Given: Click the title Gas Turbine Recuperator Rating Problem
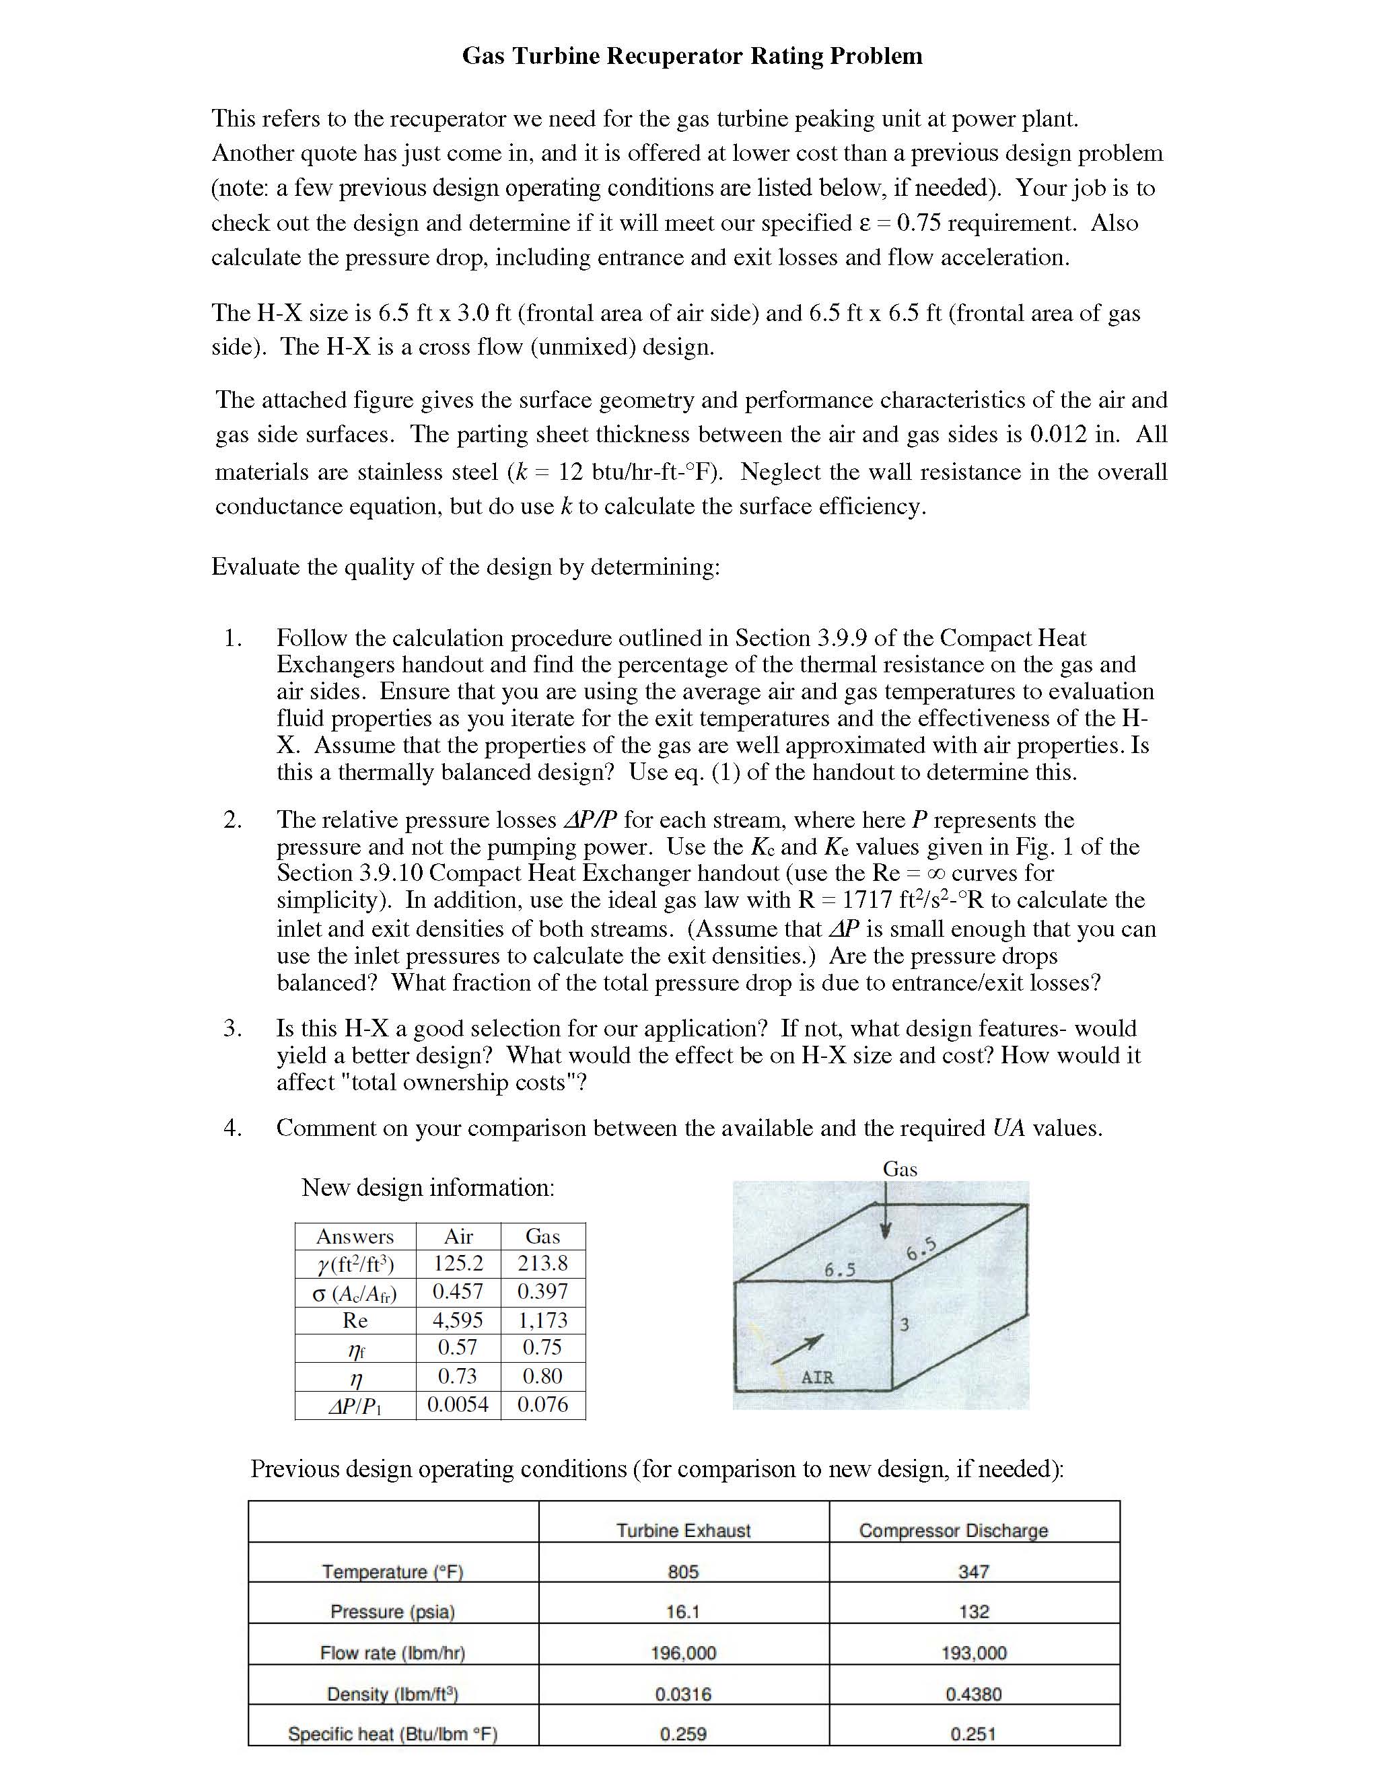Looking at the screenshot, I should click(x=692, y=56).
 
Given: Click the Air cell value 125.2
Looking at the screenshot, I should click(x=458, y=1263).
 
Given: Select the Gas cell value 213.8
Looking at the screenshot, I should click(x=542, y=1263).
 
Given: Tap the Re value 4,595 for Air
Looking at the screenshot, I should click(x=458, y=1320).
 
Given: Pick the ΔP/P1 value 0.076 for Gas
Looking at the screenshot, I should click(x=542, y=1404).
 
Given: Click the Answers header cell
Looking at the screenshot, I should click(x=355, y=1236).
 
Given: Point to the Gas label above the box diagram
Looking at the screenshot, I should click(x=899, y=1169).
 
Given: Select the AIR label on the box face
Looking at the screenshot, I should click(x=817, y=1378).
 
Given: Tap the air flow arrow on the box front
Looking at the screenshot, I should click(x=797, y=1349).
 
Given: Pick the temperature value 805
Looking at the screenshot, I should click(x=683, y=1571).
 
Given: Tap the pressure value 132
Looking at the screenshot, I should click(x=974, y=1612).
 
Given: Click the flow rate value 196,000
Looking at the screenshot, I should click(x=683, y=1653).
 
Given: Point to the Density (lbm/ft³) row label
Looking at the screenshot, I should click(x=392, y=1694).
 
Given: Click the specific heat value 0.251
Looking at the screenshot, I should click(x=974, y=1734).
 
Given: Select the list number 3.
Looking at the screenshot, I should click(x=232, y=1028).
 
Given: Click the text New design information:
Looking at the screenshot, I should click(x=428, y=1187).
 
